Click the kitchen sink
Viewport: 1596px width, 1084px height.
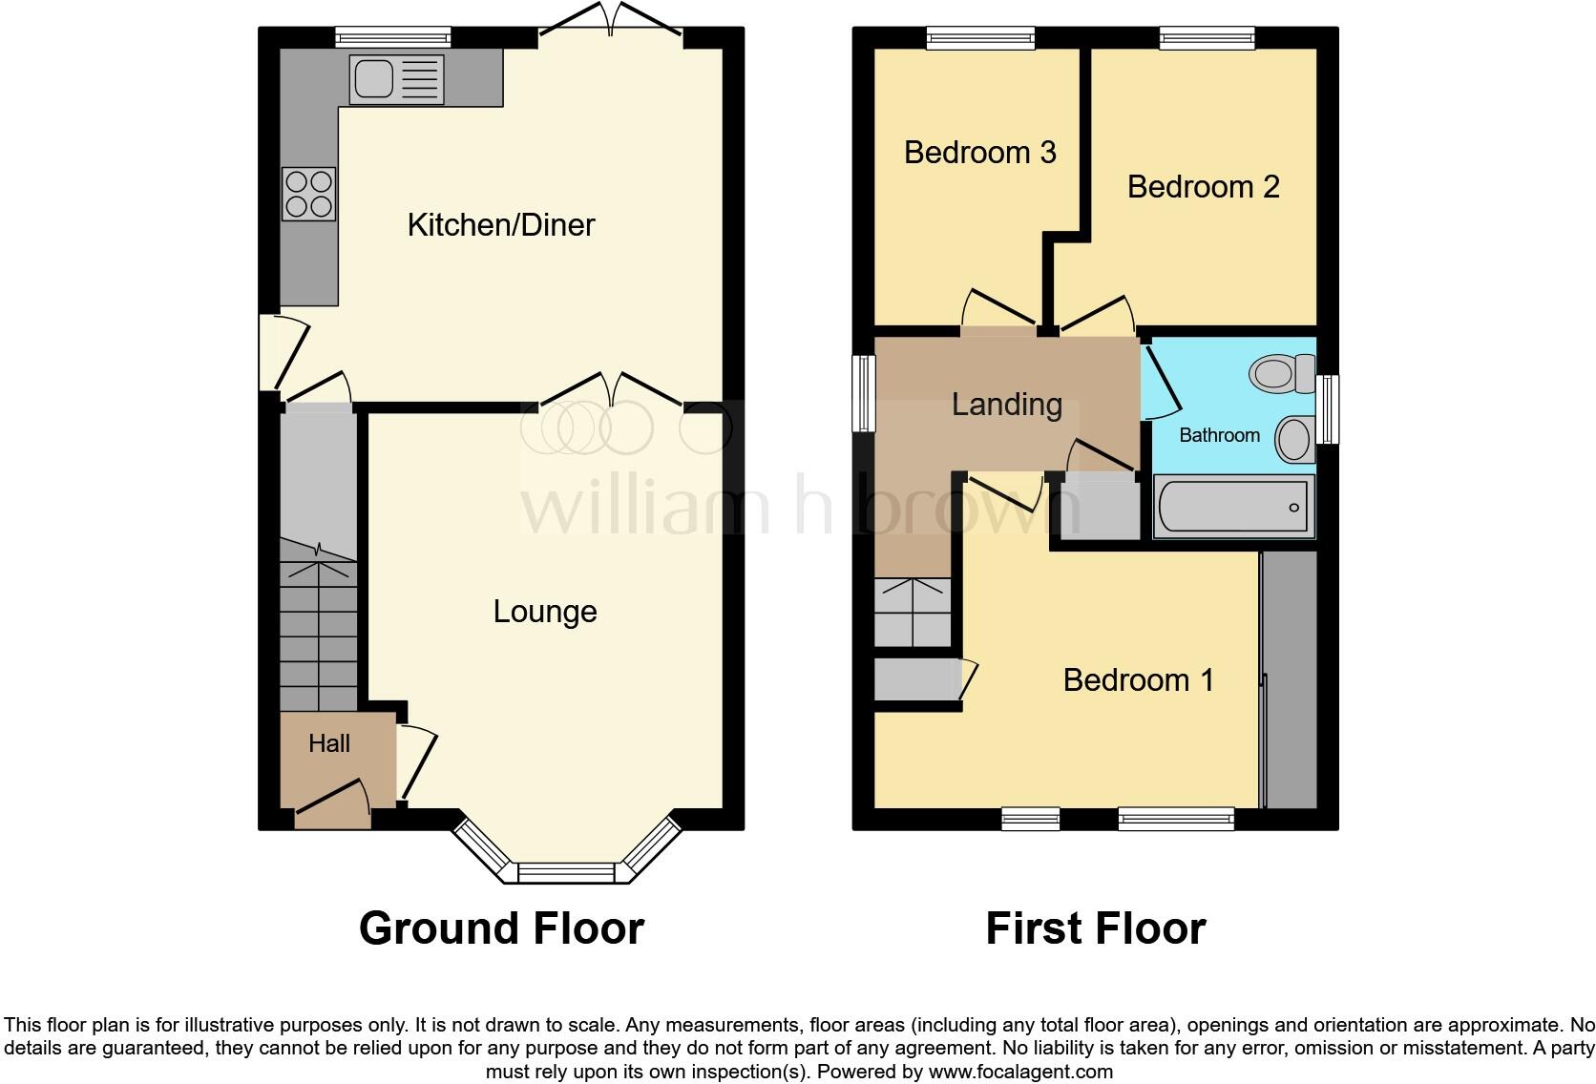[x=396, y=79]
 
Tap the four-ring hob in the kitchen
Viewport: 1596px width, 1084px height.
[x=308, y=194]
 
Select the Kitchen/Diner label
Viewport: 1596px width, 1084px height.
[x=501, y=225]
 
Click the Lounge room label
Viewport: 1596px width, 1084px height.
[x=545, y=612]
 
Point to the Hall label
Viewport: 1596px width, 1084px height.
[x=329, y=743]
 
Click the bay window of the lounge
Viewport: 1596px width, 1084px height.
[x=566, y=872]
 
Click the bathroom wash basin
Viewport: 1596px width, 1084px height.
[x=1295, y=440]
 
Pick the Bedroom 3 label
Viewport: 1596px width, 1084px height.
[x=979, y=153]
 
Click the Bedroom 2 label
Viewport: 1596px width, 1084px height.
[x=1203, y=187]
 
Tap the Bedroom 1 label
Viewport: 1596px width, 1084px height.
[x=1138, y=680]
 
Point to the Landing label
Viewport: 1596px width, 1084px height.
[x=1007, y=405]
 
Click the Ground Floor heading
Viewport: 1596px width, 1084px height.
[x=501, y=928]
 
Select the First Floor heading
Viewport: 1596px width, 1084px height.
[x=1095, y=928]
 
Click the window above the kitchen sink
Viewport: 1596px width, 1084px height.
[x=392, y=38]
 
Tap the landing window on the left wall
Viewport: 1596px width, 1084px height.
[x=864, y=393]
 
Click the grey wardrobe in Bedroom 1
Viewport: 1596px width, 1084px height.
[x=1290, y=679]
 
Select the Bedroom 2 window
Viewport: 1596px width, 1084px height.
[x=1207, y=38]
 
